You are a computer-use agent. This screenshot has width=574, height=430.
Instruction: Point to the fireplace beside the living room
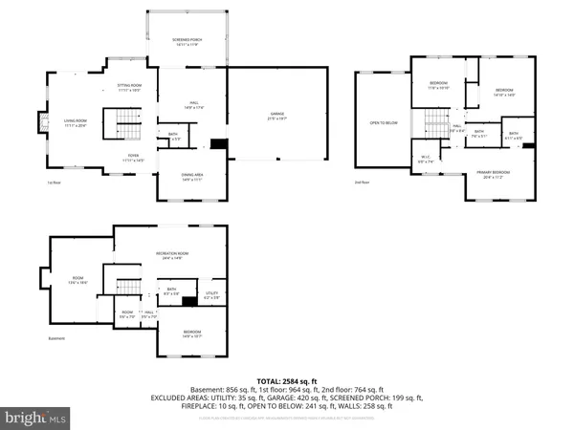42,121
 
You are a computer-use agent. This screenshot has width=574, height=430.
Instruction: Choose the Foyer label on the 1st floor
129,158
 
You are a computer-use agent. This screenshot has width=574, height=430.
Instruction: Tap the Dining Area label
192,174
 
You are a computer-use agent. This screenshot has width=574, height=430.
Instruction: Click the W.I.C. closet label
427,160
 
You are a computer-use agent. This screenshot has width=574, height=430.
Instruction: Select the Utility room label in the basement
211,296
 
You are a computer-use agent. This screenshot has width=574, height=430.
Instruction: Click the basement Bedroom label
192,333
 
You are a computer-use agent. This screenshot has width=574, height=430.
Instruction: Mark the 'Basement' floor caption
59,338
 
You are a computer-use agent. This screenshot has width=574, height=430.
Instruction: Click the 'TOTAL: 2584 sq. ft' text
286,379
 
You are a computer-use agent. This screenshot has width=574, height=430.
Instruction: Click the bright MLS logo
36,418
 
